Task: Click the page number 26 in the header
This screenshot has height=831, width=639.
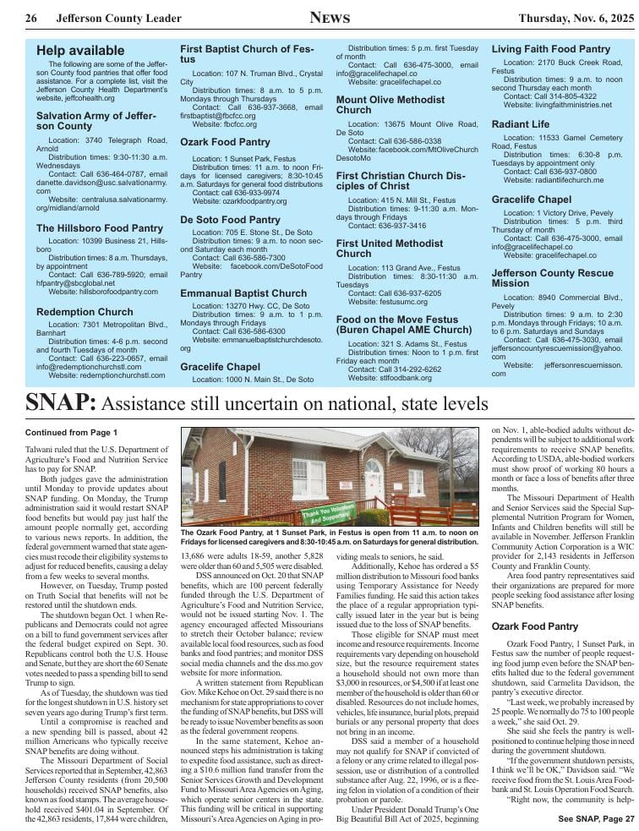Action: click(x=31, y=19)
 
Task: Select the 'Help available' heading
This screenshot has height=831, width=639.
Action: click(x=80, y=52)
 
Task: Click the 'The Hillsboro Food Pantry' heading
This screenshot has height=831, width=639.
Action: click(x=100, y=228)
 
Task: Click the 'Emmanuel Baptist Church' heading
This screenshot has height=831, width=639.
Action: click(x=243, y=293)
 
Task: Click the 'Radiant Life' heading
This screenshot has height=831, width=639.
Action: click(x=521, y=124)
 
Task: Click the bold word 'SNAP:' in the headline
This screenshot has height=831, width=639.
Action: click(x=60, y=402)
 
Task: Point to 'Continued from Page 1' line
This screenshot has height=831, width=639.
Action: click(x=70, y=433)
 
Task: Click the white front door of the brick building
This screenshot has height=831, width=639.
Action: click(x=373, y=481)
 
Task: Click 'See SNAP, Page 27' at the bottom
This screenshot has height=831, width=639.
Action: click(x=595, y=818)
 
